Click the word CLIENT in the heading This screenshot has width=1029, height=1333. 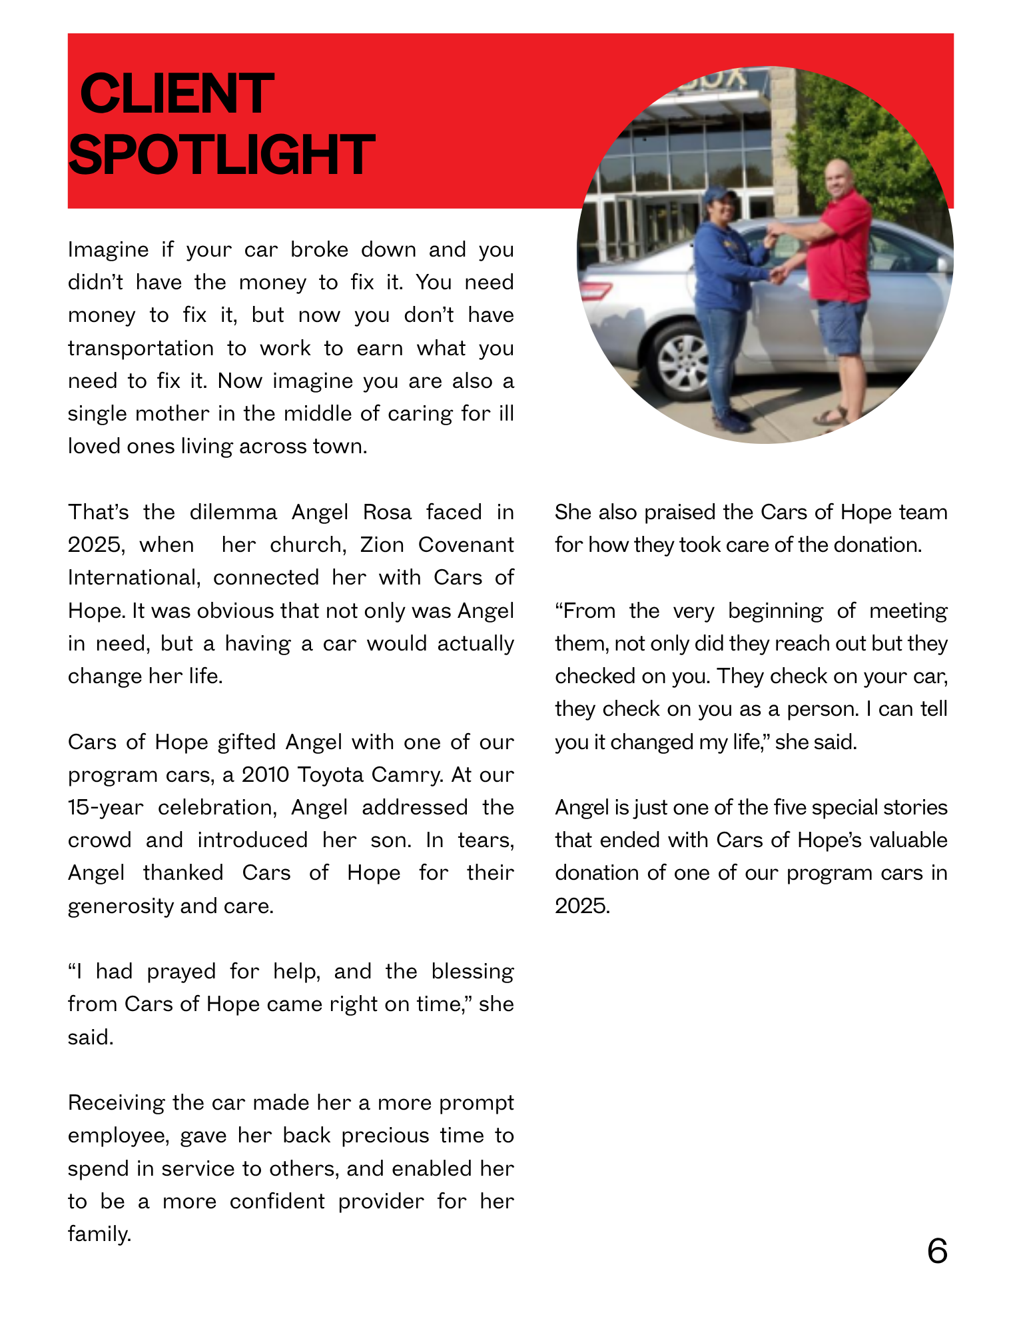click(176, 94)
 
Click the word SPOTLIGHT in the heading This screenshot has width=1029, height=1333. click(222, 155)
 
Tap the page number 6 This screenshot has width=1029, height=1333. click(936, 1251)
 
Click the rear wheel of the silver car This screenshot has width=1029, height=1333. click(683, 361)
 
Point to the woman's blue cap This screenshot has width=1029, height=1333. click(720, 194)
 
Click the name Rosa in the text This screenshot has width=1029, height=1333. click(387, 513)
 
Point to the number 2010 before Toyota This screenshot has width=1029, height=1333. click(265, 775)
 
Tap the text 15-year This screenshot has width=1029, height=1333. click(105, 808)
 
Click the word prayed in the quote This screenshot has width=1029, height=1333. click(181, 972)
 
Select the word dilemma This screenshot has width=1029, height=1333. click(233, 513)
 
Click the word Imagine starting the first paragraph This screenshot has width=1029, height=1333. click(108, 250)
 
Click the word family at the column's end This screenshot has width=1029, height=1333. click(99, 1234)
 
